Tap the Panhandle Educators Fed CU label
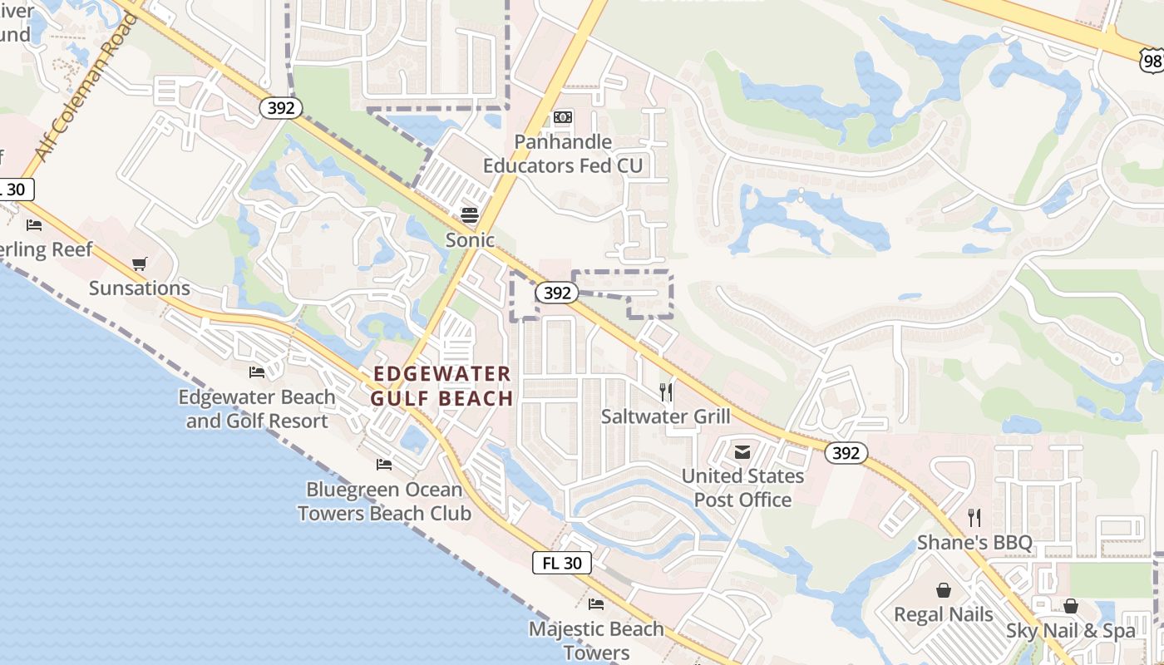(x=563, y=154)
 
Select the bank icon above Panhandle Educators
(x=563, y=117)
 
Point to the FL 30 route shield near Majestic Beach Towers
(x=562, y=563)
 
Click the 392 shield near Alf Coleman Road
(x=280, y=108)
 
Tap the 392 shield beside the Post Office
(x=846, y=453)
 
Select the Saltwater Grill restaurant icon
(x=665, y=392)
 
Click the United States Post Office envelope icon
(x=742, y=451)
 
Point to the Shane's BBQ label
(x=974, y=544)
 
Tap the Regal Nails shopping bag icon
(x=944, y=590)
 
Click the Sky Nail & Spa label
(x=1071, y=631)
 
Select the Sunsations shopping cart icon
(x=139, y=264)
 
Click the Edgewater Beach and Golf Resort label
(x=257, y=409)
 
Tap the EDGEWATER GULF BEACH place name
(x=441, y=386)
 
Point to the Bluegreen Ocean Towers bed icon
(x=383, y=464)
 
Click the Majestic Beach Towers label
(x=596, y=640)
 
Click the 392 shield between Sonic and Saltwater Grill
(x=556, y=293)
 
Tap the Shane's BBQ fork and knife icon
(x=974, y=518)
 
